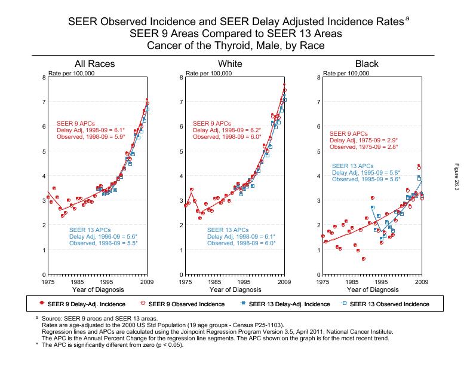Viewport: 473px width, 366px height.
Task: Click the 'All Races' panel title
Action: coord(94,64)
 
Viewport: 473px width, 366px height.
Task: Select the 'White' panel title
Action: coord(230,64)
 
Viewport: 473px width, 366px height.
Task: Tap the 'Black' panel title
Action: coord(367,64)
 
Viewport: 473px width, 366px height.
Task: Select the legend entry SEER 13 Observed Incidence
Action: coord(389,304)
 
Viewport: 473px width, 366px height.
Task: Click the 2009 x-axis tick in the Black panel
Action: coord(422,281)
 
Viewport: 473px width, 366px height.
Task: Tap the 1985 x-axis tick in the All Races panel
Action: coord(77,281)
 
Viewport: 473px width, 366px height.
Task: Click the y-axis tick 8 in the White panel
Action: coord(181,77)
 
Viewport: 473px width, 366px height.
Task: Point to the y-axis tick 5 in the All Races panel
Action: coord(44,151)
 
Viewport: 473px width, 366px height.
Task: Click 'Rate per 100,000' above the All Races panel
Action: coord(72,74)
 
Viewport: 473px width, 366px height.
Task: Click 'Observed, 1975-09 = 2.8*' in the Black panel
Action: coord(363,147)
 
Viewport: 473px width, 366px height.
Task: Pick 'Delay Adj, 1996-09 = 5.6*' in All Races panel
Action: coord(103,236)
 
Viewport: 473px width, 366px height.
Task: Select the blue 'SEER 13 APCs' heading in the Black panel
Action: coord(352,166)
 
